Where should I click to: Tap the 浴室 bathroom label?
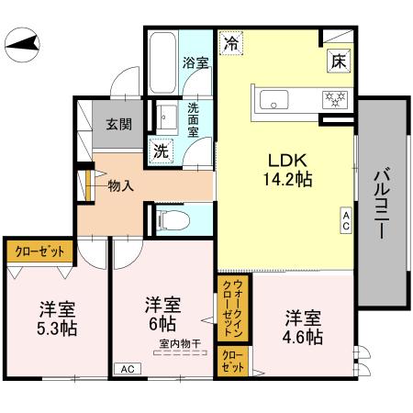click(195, 64)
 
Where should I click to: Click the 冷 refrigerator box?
click(232, 42)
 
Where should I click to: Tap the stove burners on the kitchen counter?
click(331, 98)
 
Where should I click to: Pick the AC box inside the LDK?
click(346, 218)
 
